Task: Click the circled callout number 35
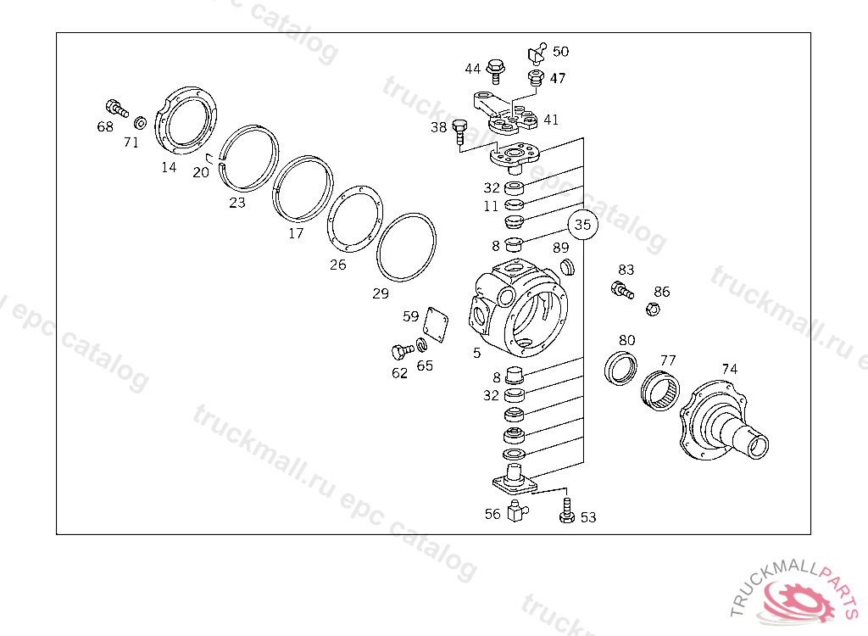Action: coord(583,225)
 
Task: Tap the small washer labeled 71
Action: coord(141,122)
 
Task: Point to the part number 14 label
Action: coord(169,167)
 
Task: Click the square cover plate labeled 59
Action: coord(436,322)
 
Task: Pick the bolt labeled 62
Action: coord(402,351)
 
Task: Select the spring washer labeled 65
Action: coord(422,344)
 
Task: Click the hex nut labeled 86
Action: coord(653,309)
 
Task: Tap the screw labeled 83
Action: coord(622,290)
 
